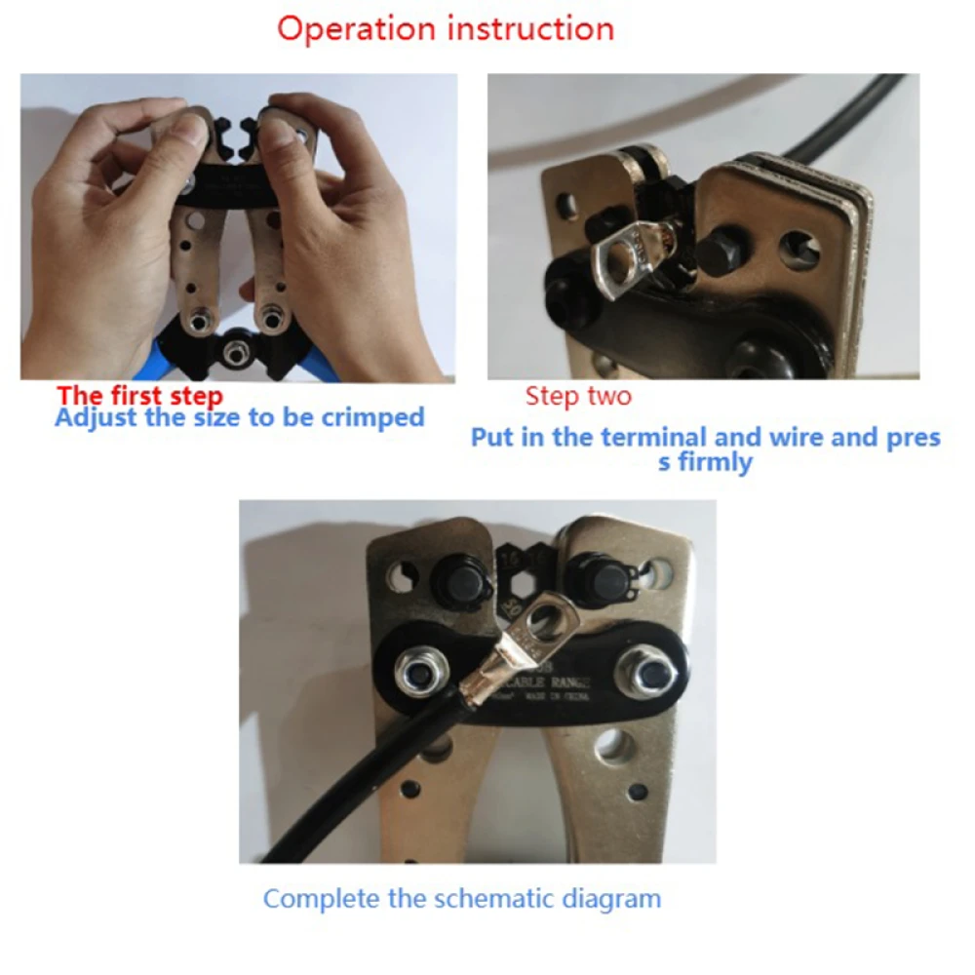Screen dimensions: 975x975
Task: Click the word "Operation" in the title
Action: [356, 27]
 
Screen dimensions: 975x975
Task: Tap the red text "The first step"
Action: [139, 396]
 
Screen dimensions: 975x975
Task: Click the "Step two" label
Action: [578, 396]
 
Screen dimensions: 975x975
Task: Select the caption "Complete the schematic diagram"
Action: [461, 898]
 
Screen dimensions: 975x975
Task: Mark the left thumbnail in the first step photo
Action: [191, 133]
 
